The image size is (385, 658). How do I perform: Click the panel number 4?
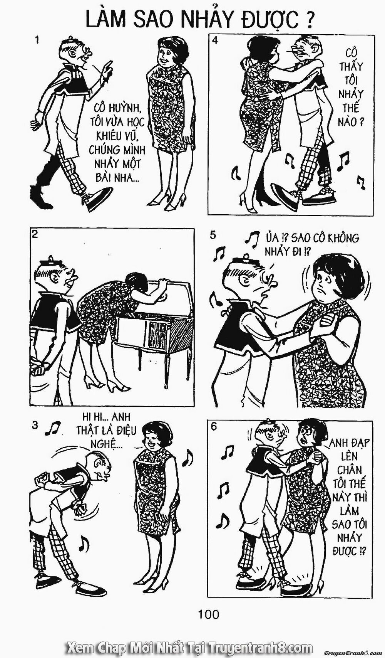215,40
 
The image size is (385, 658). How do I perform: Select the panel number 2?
35,234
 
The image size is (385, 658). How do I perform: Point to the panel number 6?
214,426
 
